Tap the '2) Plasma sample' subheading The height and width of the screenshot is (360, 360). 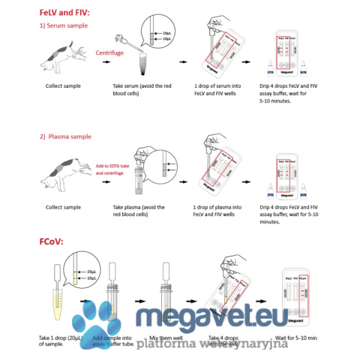point(67,136)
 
